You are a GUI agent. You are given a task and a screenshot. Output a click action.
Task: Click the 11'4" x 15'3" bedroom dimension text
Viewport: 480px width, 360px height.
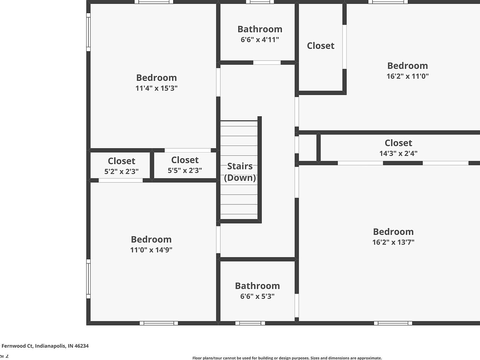[156, 88]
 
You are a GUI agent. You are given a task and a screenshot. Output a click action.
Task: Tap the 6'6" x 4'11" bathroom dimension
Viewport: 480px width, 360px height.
[260, 40]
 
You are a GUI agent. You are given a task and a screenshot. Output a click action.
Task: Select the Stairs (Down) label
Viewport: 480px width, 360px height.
[240, 172]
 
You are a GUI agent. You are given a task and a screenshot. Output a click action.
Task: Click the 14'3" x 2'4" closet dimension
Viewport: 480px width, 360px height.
[398, 153]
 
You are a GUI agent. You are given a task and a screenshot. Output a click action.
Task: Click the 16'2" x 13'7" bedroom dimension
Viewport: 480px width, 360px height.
[393, 242]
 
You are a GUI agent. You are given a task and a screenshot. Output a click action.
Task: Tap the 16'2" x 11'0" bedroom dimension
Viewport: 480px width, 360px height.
[407, 76]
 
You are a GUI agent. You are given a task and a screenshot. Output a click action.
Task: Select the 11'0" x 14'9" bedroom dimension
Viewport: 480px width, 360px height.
[151, 250]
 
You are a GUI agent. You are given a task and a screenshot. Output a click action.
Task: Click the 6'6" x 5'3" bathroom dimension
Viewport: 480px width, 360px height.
[257, 296]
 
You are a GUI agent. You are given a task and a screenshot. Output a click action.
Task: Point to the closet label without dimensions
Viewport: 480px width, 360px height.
[321, 46]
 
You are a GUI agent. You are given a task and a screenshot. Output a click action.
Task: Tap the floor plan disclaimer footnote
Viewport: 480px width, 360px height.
[287, 358]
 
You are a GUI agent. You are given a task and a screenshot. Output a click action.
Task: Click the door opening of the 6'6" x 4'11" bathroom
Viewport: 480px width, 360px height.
[267, 62]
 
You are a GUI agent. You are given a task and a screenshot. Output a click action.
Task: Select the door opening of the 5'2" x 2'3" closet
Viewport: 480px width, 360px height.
[121, 180]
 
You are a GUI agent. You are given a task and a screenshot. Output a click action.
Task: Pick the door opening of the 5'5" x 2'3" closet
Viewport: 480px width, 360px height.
[187, 150]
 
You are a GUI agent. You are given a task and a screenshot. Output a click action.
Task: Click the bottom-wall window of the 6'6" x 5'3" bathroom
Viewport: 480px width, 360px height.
[250, 323]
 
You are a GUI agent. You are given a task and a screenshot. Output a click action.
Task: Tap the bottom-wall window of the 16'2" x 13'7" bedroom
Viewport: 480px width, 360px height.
[393, 323]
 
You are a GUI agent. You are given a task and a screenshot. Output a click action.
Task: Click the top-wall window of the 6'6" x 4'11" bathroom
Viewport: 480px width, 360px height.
[260, 2]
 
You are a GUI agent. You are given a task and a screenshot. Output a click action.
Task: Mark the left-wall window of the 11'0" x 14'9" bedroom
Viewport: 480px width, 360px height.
[88, 279]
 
